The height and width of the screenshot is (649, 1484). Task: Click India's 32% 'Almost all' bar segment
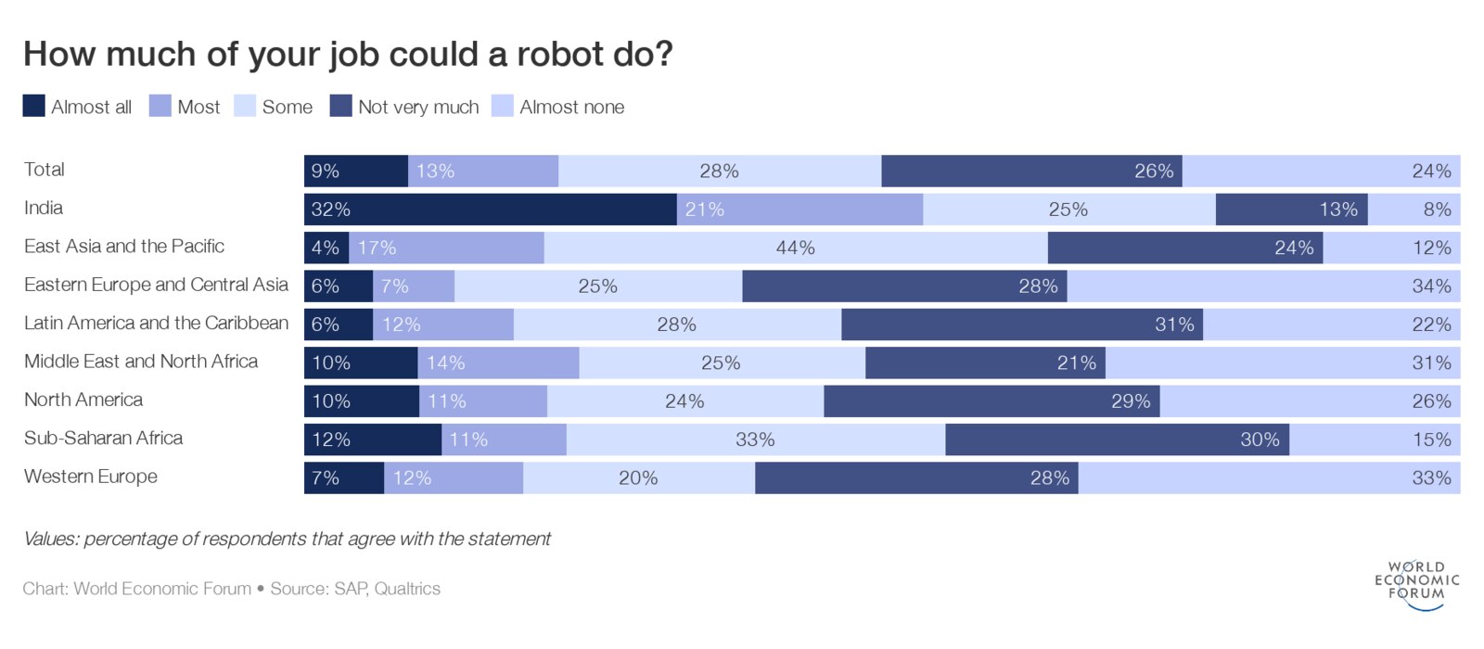coord(490,210)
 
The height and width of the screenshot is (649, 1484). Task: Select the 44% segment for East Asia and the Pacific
coord(795,248)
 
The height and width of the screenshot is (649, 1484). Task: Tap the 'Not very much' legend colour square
coord(340,106)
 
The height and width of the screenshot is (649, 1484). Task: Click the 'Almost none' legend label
coord(571,108)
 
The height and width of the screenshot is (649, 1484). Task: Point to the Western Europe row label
coord(91,477)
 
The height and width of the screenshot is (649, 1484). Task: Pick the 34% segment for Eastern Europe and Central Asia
coord(1263,286)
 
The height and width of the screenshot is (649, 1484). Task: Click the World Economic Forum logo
coord(1416,584)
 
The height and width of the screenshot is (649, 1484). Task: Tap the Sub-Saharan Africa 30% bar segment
coord(1117,439)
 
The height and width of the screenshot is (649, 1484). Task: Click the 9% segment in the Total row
coord(355,172)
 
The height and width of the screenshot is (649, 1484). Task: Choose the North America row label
coord(83,400)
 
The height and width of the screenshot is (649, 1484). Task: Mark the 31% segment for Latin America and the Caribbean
coord(1021,324)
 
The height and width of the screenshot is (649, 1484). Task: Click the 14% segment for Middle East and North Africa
coord(498,363)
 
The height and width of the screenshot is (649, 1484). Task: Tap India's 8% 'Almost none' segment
coord(1414,210)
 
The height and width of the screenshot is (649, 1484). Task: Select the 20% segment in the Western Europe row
coord(638,477)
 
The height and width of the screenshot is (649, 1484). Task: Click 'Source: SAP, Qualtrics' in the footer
coord(355,589)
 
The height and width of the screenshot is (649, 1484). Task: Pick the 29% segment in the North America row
coord(991,401)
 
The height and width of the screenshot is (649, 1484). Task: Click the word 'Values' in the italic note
coord(49,539)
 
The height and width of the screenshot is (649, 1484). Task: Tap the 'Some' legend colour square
coord(245,106)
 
